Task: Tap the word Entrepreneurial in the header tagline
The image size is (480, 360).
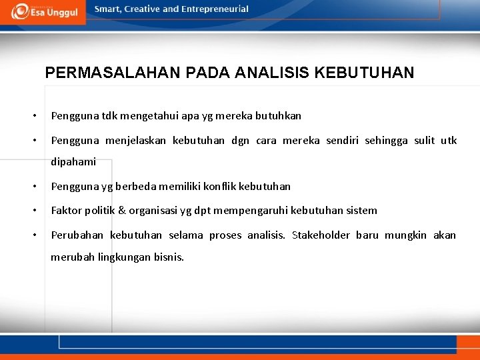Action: tap(215, 9)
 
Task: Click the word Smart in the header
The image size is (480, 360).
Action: tap(108, 9)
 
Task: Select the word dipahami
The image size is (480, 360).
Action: tap(73, 161)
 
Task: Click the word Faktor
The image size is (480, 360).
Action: tap(65, 211)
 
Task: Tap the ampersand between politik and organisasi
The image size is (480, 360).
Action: tap(122, 211)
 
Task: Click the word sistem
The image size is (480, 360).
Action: tap(362, 211)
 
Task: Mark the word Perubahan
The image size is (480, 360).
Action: tap(77, 235)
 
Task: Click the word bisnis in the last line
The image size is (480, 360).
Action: tap(169, 257)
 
